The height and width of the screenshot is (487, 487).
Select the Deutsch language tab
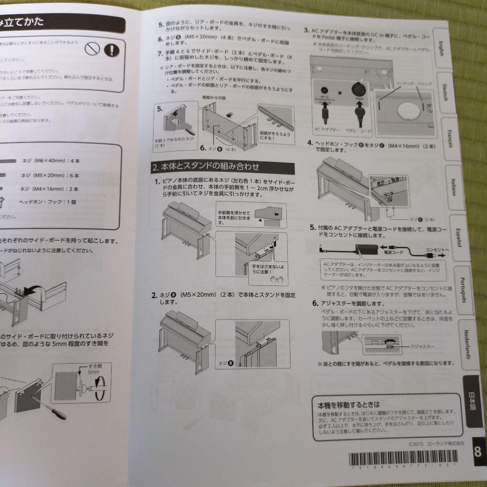[444, 93]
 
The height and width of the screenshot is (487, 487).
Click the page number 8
[477, 451]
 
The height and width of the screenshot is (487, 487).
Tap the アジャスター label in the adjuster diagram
[422, 346]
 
